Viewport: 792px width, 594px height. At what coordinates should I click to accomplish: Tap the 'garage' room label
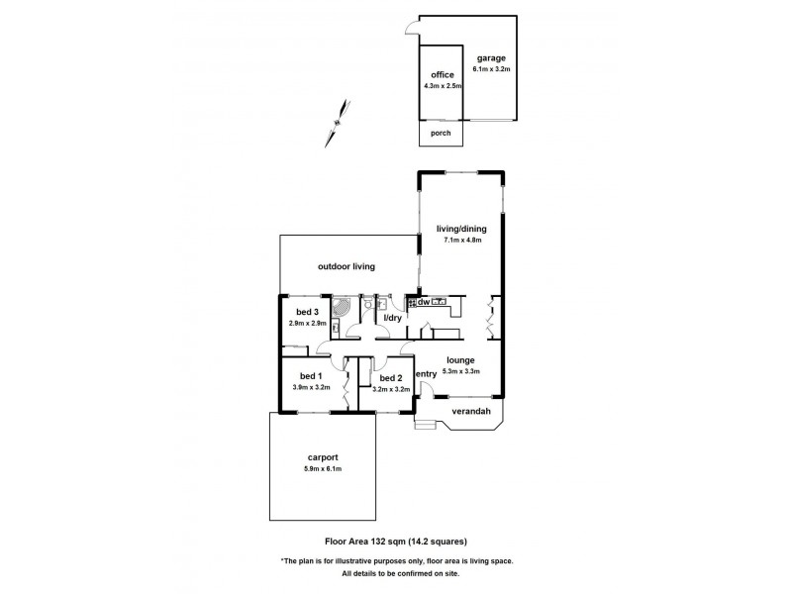(489, 57)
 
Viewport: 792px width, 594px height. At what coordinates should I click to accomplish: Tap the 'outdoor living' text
(346, 266)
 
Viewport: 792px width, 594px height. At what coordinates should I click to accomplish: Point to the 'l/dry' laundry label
(392, 317)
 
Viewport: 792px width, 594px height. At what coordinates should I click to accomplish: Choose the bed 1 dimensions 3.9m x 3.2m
(310, 387)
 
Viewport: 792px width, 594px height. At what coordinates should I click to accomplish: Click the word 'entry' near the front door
(426, 373)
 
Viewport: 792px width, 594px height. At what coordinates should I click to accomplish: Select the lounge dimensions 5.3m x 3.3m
(460, 371)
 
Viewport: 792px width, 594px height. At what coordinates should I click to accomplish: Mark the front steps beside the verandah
(425, 425)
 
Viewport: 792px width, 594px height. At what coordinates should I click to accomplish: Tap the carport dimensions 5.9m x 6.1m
(323, 468)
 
